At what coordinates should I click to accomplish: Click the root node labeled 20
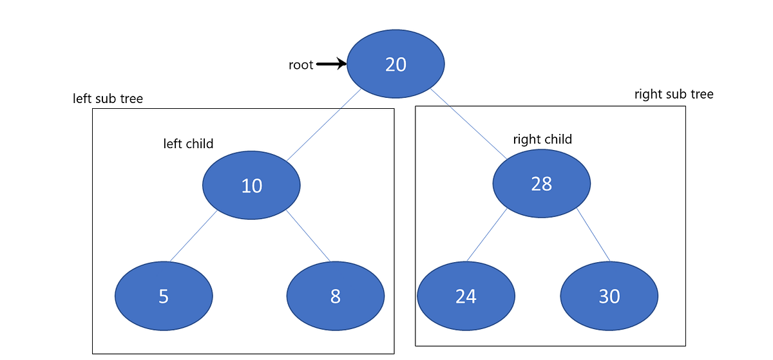[396, 64]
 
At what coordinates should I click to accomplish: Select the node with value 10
[251, 185]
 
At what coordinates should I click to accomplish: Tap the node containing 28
[541, 184]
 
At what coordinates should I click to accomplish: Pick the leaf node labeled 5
[164, 296]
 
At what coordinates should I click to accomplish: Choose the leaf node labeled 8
[335, 296]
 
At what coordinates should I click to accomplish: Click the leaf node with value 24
[466, 296]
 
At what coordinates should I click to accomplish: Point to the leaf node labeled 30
[609, 296]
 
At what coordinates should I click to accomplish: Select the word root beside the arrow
[301, 64]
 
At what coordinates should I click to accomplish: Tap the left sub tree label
[108, 99]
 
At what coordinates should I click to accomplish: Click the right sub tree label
[674, 95]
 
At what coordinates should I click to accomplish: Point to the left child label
[188, 144]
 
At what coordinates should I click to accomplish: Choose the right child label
[542, 139]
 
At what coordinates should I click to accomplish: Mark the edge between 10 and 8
[308, 236]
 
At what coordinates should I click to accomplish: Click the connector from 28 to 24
[487, 235]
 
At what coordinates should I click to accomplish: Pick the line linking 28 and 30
[593, 236]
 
